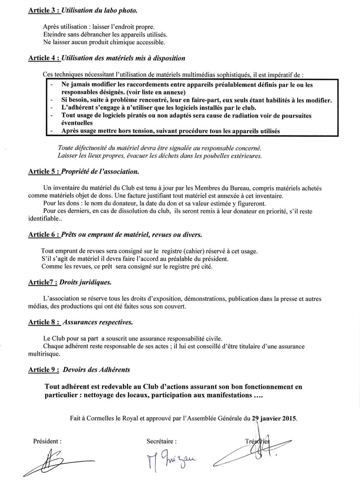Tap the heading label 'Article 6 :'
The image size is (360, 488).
pyautogui.click(x=43, y=235)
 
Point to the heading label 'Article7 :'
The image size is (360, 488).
pyautogui.click(x=43, y=282)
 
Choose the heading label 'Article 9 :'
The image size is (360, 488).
pyautogui.click(x=43, y=370)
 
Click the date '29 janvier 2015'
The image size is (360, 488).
pyautogui.click(x=274, y=418)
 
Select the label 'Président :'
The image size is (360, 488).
pyautogui.click(x=47, y=441)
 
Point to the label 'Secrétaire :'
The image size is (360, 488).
pyautogui.click(x=161, y=441)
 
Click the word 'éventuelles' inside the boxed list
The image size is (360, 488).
pyautogui.click(x=76, y=123)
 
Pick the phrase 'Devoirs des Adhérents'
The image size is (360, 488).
pyautogui.click(x=97, y=370)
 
